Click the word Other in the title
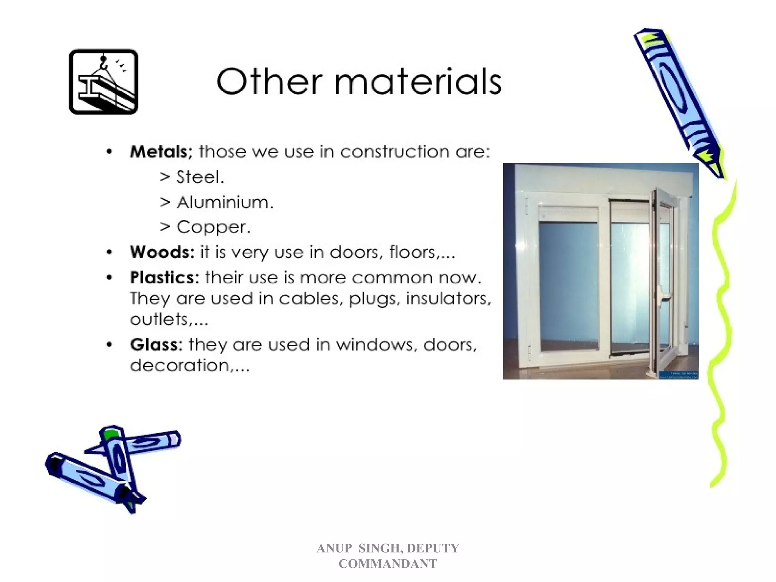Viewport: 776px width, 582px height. click(x=269, y=82)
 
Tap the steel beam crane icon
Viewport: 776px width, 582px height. click(x=103, y=81)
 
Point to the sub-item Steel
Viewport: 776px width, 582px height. click(x=200, y=177)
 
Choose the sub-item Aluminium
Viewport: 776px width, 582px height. click(x=225, y=202)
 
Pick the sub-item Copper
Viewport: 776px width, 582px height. click(x=213, y=227)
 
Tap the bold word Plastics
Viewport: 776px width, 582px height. click(x=164, y=278)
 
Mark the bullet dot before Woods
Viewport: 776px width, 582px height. click(x=109, y=252)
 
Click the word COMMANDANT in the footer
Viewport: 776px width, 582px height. click(x=388, y=564)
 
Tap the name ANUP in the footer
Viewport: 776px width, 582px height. click(x=334, y=548)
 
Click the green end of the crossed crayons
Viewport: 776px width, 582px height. click(x=110, y=433)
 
